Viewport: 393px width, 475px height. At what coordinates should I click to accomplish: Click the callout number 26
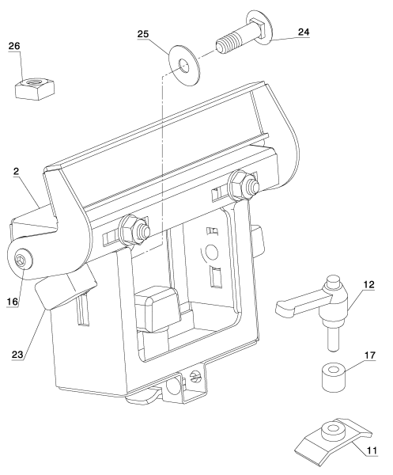coord(14,47)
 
